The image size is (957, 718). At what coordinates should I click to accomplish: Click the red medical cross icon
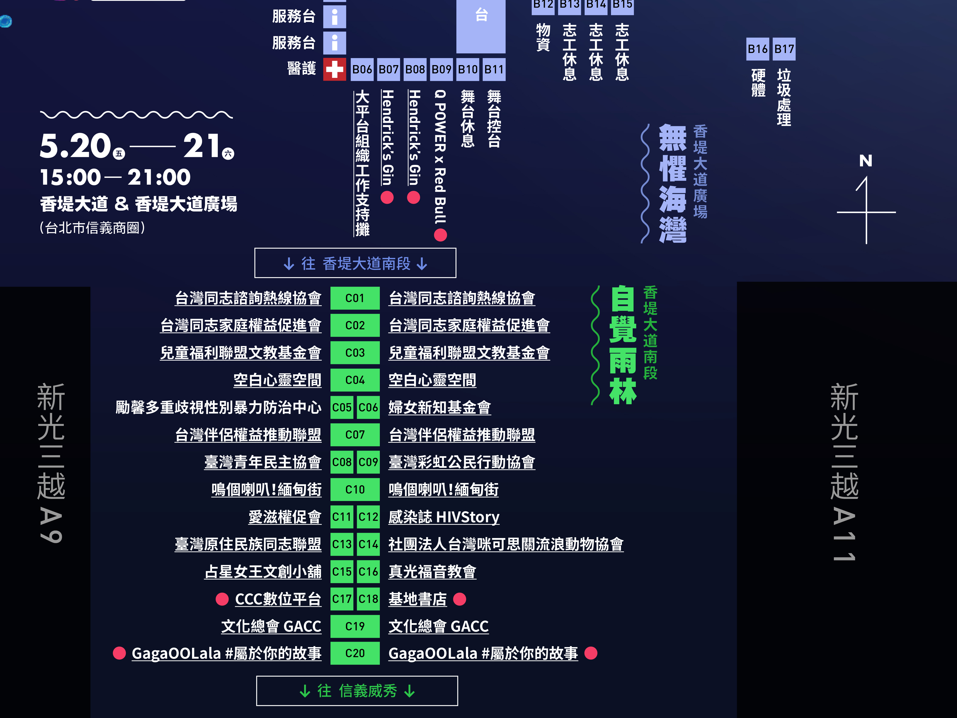(x=335, y=69)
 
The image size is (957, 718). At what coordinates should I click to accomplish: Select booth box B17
(x=784, y=49)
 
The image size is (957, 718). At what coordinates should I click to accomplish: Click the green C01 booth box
(x=355, y=298)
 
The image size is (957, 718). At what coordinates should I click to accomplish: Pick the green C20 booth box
(x=355, y=653)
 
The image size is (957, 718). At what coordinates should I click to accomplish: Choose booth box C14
(x=368, y=544)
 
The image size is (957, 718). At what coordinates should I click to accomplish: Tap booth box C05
(x=342, y=407)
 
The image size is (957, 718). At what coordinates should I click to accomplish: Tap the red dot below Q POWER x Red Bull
(x=440, y=235)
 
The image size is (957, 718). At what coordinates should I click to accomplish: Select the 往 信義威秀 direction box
(x=357, y=691)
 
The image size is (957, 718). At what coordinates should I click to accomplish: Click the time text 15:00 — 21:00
(x=115, y=177)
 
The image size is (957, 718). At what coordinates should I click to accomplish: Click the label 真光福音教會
(x=432, y=572)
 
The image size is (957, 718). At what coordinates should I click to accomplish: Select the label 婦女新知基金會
(x=440, y=407)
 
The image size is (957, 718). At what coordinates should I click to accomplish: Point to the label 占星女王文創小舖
(x=263, y=572)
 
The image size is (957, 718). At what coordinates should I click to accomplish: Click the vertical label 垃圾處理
(x=784, y=97)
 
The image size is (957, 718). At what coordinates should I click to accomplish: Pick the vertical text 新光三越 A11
(x=844, y=472)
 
